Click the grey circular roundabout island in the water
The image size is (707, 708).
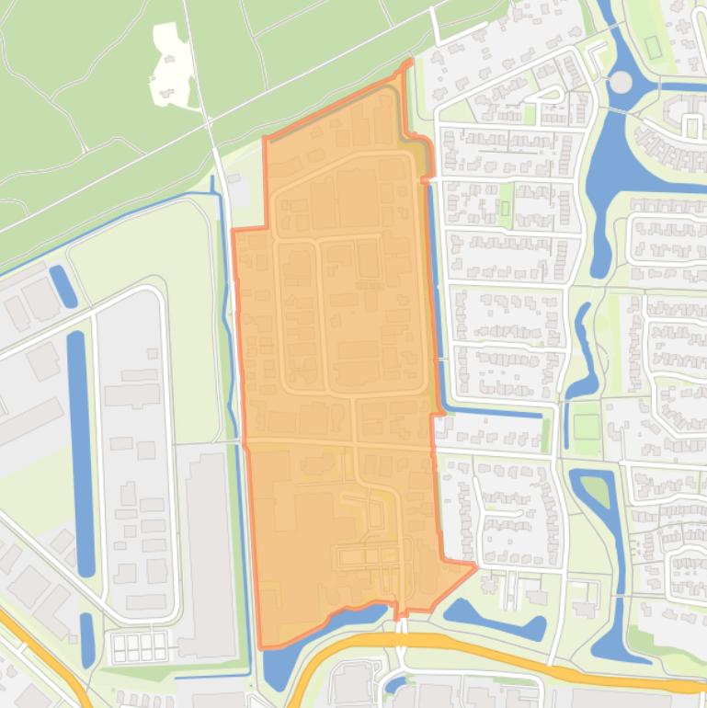(x=621, y=83)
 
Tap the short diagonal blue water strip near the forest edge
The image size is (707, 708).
(x=63, y=286)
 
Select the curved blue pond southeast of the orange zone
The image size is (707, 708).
(x=492, y=621)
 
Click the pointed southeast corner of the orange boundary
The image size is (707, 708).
(x=473, y=565)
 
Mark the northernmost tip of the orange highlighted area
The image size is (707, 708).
(x=408, y=63)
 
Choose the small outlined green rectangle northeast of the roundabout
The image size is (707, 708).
(x=654, y=46)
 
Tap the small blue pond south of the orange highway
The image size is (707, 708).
(x=395, y=684)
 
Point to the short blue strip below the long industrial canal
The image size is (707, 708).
(x=87, y=634)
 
